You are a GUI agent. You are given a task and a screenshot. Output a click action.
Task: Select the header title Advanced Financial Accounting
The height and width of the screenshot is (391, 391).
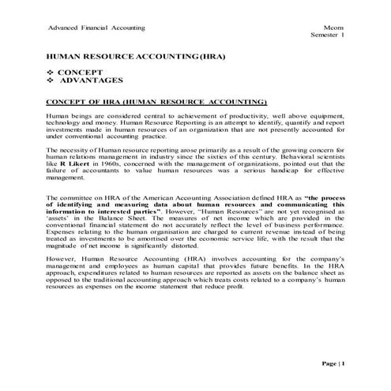point(96,28)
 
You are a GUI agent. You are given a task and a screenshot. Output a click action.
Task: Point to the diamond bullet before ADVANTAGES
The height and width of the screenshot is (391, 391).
point(52,81)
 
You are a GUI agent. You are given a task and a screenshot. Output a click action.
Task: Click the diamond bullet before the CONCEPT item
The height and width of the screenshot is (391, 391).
point(52,72)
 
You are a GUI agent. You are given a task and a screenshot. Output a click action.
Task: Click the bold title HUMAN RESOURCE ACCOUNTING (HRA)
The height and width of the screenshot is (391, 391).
point(130,58)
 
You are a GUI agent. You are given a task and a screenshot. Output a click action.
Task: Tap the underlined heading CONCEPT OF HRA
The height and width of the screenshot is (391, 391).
point(156,102)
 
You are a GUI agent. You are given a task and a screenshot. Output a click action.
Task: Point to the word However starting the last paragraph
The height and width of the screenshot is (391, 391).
point(64,268)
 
